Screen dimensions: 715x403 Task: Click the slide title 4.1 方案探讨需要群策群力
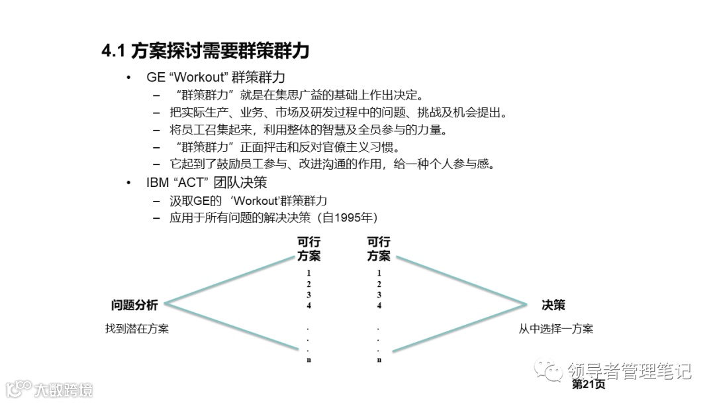205,51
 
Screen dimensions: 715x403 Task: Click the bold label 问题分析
134,305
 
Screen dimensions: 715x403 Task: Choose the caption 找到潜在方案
136,328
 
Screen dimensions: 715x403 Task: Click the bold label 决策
553,305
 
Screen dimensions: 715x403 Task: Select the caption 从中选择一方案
555,328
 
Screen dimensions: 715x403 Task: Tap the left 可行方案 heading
309,249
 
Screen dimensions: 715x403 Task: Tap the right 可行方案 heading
379,249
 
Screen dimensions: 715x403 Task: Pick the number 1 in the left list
309,273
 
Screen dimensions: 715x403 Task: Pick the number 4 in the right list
379,306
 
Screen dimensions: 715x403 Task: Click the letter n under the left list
309,360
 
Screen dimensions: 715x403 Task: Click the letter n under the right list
379,360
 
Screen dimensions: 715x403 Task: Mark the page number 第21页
588,384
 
